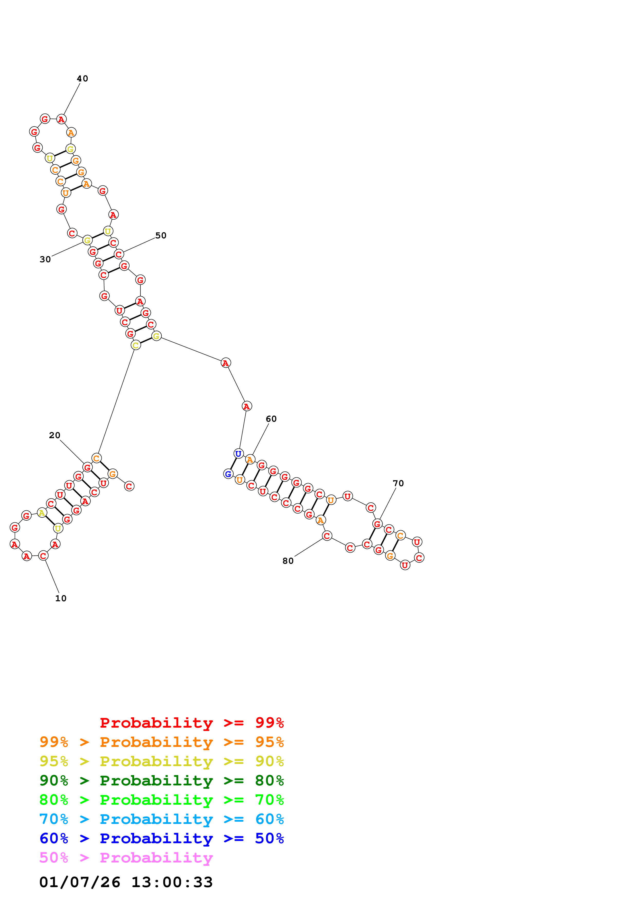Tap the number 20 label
coord(54,435)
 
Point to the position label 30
coord(45,259)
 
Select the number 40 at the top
coord(82,79)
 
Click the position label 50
coord(161,236)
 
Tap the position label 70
coord(398,483)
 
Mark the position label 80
coord(288,561)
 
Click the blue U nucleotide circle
coord(238,454)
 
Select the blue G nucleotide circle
coord(228,474)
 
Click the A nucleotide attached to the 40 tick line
coord(61,119)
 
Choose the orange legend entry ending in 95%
coord(162,742)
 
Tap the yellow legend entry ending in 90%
coord(162,761)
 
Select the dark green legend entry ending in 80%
coord(162,781)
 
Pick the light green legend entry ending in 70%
coord(162,800)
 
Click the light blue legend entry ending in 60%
coord(162,819)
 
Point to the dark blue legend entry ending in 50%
coord(162,838)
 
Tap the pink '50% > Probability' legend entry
coord(126,857)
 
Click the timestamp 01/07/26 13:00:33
coord(126,882)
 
